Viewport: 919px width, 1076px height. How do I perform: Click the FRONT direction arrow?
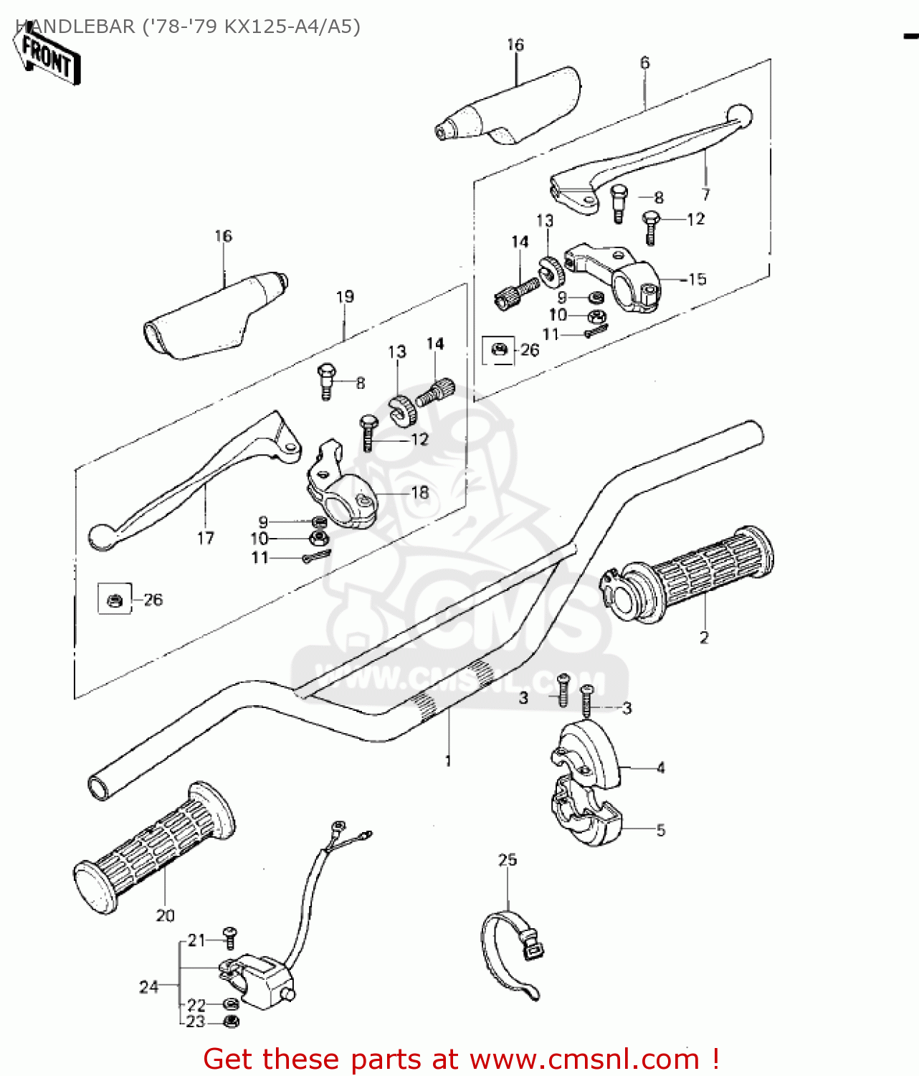[x=47, y=58]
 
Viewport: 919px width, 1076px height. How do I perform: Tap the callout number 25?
[x=508, y=859]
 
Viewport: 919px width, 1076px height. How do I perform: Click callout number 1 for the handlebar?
[x=449, y=760]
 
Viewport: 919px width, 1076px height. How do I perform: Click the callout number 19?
[x=345, y=296]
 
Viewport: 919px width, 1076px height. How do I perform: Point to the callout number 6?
[x=644, y=63]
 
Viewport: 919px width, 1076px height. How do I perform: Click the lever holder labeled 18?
[x=341, y=489]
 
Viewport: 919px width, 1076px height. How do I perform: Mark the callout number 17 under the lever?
[x=205, y=538]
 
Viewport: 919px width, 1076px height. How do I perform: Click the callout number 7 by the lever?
[x=706, y=194]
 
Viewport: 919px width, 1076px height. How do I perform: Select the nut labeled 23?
[x=231, y=1021]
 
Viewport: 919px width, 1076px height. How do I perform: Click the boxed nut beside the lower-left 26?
[x=115, y=599]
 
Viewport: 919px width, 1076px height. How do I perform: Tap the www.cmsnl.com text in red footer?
[x=584, y=1059]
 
